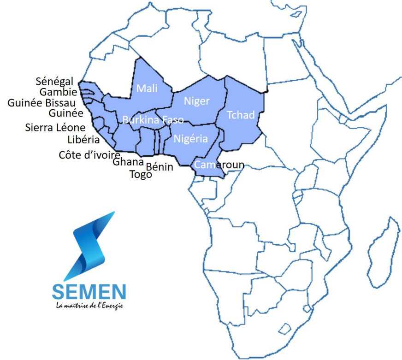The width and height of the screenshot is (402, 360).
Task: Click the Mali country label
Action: (x=147, y=89)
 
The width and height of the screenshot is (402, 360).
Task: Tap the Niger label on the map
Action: (x=197, y=101)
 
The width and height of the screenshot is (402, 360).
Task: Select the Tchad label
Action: (x=241, y=115)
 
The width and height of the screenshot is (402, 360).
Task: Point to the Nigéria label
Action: (x=191, y=139)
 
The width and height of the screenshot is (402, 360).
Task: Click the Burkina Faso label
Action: (x=153, y=120)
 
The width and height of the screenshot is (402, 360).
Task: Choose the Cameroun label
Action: (x=219, y=165)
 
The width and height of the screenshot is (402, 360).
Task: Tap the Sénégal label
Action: (x=54, y=82)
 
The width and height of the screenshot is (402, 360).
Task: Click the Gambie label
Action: (x=58, y=92)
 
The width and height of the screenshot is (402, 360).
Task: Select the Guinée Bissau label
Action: (x=42, y=103)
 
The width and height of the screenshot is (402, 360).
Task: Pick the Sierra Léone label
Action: (x=55, y=128)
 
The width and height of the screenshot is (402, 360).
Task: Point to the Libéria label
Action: (x=83, y=140)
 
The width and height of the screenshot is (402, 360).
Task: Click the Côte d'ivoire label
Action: (x=89, y=155)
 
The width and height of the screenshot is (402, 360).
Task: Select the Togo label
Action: (x=141, y=175)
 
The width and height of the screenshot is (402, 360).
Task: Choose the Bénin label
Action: (x=159, y=167)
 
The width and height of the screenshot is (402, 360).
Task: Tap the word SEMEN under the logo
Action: (x=89, y=291)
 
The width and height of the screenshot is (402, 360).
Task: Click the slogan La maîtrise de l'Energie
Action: (x=89, y=306)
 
